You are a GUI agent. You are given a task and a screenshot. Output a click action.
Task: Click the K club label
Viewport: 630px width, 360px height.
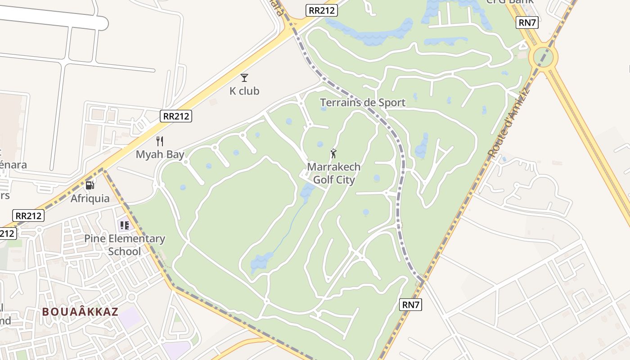[244, 91]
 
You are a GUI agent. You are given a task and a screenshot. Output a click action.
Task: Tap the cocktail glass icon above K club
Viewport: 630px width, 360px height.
[244, 78]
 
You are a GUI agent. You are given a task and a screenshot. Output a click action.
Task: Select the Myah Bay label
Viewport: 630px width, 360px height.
[160, 155]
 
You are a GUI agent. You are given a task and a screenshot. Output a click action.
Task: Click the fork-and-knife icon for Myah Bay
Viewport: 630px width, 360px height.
[160, 141]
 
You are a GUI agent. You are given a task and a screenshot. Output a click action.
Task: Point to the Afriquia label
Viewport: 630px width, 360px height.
[90, 198]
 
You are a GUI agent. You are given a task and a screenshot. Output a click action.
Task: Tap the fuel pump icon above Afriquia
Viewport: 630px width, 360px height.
[90, 185]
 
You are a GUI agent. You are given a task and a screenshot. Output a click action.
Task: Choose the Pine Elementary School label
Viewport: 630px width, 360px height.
[125, 245]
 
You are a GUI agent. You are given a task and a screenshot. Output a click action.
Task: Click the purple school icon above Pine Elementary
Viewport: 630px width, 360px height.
[124, 225]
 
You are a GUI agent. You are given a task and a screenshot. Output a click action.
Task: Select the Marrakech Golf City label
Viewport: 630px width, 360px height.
[334, 173]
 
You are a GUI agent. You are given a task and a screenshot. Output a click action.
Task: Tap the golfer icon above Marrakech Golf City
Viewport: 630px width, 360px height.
[333, 153]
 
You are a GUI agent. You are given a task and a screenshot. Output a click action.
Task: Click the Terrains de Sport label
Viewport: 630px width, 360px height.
[363, 103]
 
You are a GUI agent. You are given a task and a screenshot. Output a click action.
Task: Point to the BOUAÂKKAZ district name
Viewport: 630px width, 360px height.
[80, 312]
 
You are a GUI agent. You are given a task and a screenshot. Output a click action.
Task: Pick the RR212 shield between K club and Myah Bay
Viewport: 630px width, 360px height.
[176, 116]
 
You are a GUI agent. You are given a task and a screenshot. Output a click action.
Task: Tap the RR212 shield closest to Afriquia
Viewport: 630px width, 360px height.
[28, 216]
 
